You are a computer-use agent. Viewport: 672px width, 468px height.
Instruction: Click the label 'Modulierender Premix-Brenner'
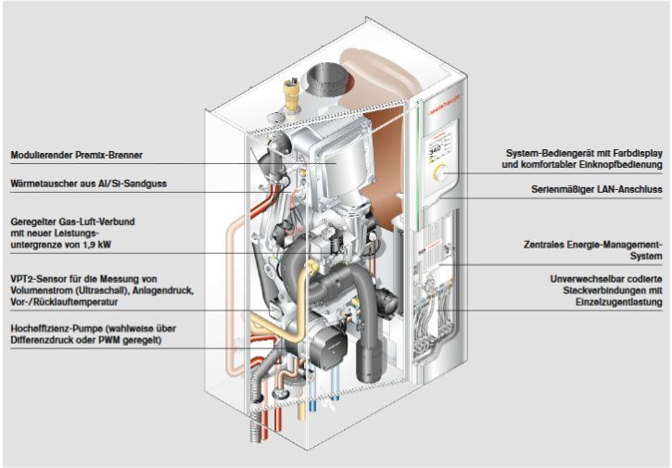[x=77, y=155]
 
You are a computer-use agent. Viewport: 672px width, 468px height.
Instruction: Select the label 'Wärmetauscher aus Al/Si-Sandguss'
[x=89, y=183]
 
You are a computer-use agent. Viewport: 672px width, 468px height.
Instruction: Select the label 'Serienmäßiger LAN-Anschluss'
[x=597, y=189]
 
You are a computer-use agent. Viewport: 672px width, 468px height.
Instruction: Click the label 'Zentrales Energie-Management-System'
[x=593, y=250]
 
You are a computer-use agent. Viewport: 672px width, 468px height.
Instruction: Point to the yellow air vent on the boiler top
[x=291, y=93]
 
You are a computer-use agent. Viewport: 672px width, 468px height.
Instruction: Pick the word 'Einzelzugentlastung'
[x=619, y=302]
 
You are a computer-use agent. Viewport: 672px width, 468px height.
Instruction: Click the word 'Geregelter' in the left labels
[x=32, y=222]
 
